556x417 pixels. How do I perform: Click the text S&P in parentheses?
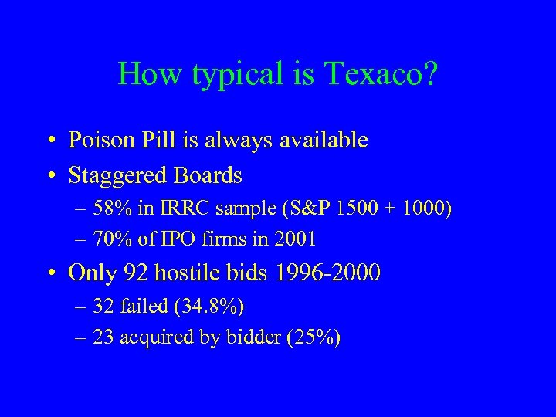pyautogui.click(x=291, y=209)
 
